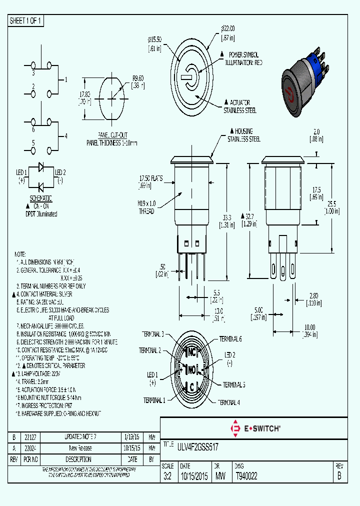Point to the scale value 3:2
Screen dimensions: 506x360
[167, 476]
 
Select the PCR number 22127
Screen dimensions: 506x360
[33, 436]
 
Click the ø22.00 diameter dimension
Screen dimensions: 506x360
[228, 28]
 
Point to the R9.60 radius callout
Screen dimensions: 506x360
[138, 78]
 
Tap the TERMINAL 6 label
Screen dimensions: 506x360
[230, 339]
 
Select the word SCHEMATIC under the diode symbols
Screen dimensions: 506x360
[40, 198]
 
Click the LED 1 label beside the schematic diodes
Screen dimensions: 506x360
[21, 172]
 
